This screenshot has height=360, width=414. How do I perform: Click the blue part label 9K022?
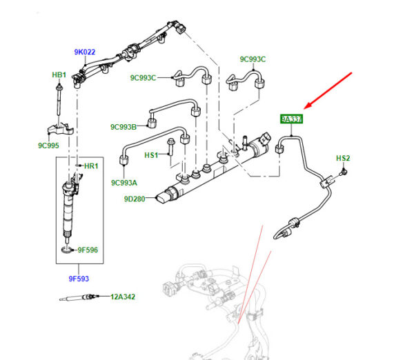tap(84, 52)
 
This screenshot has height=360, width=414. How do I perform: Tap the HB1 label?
tap(59, 74)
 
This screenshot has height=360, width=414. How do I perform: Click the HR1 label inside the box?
tap(91, 166)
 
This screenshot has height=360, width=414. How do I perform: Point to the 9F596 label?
tap(89, 250)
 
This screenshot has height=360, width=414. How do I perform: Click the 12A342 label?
tap(122, 297)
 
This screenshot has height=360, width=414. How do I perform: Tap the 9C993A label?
tap(124, 183)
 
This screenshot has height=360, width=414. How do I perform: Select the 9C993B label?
tap(124, 127)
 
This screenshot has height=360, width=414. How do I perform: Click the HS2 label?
tap(343, 159)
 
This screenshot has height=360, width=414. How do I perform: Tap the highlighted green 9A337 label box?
tap(291, 119)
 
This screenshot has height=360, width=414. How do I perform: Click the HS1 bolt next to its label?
tap(170, 154)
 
